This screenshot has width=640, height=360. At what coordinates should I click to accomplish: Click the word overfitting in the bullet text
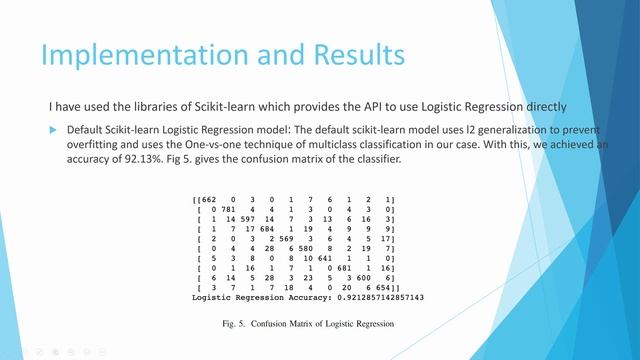pyautogui.click(x=95, y=145)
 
